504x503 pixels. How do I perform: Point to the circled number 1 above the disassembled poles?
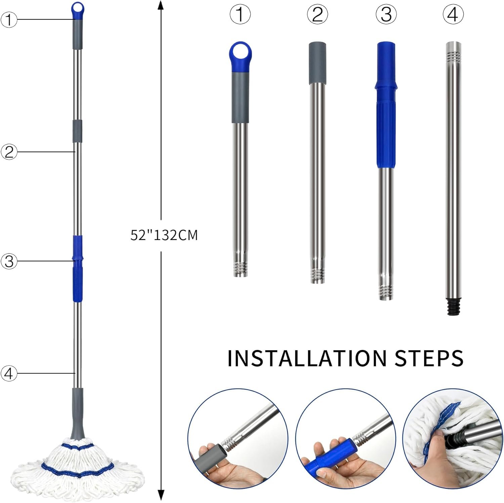[x=240, y=15]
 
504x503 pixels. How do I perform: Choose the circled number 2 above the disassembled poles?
[x=317, y=15]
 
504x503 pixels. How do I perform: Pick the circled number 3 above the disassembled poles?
[x=386, y=15]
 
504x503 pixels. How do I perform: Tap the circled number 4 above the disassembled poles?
[x=453, y=15]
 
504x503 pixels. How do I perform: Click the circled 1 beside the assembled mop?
[x=9, y=20]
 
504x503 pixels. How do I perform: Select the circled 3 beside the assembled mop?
[x=9, y=261]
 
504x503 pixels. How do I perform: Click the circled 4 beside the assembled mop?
[x=9, y=373]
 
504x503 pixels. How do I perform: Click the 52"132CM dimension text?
[x=164, y=235]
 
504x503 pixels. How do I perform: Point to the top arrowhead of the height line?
[x=161, y=5]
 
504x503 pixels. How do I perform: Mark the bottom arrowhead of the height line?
[x=161, y=495]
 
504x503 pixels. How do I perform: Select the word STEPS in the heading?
[x=429, y=358]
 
